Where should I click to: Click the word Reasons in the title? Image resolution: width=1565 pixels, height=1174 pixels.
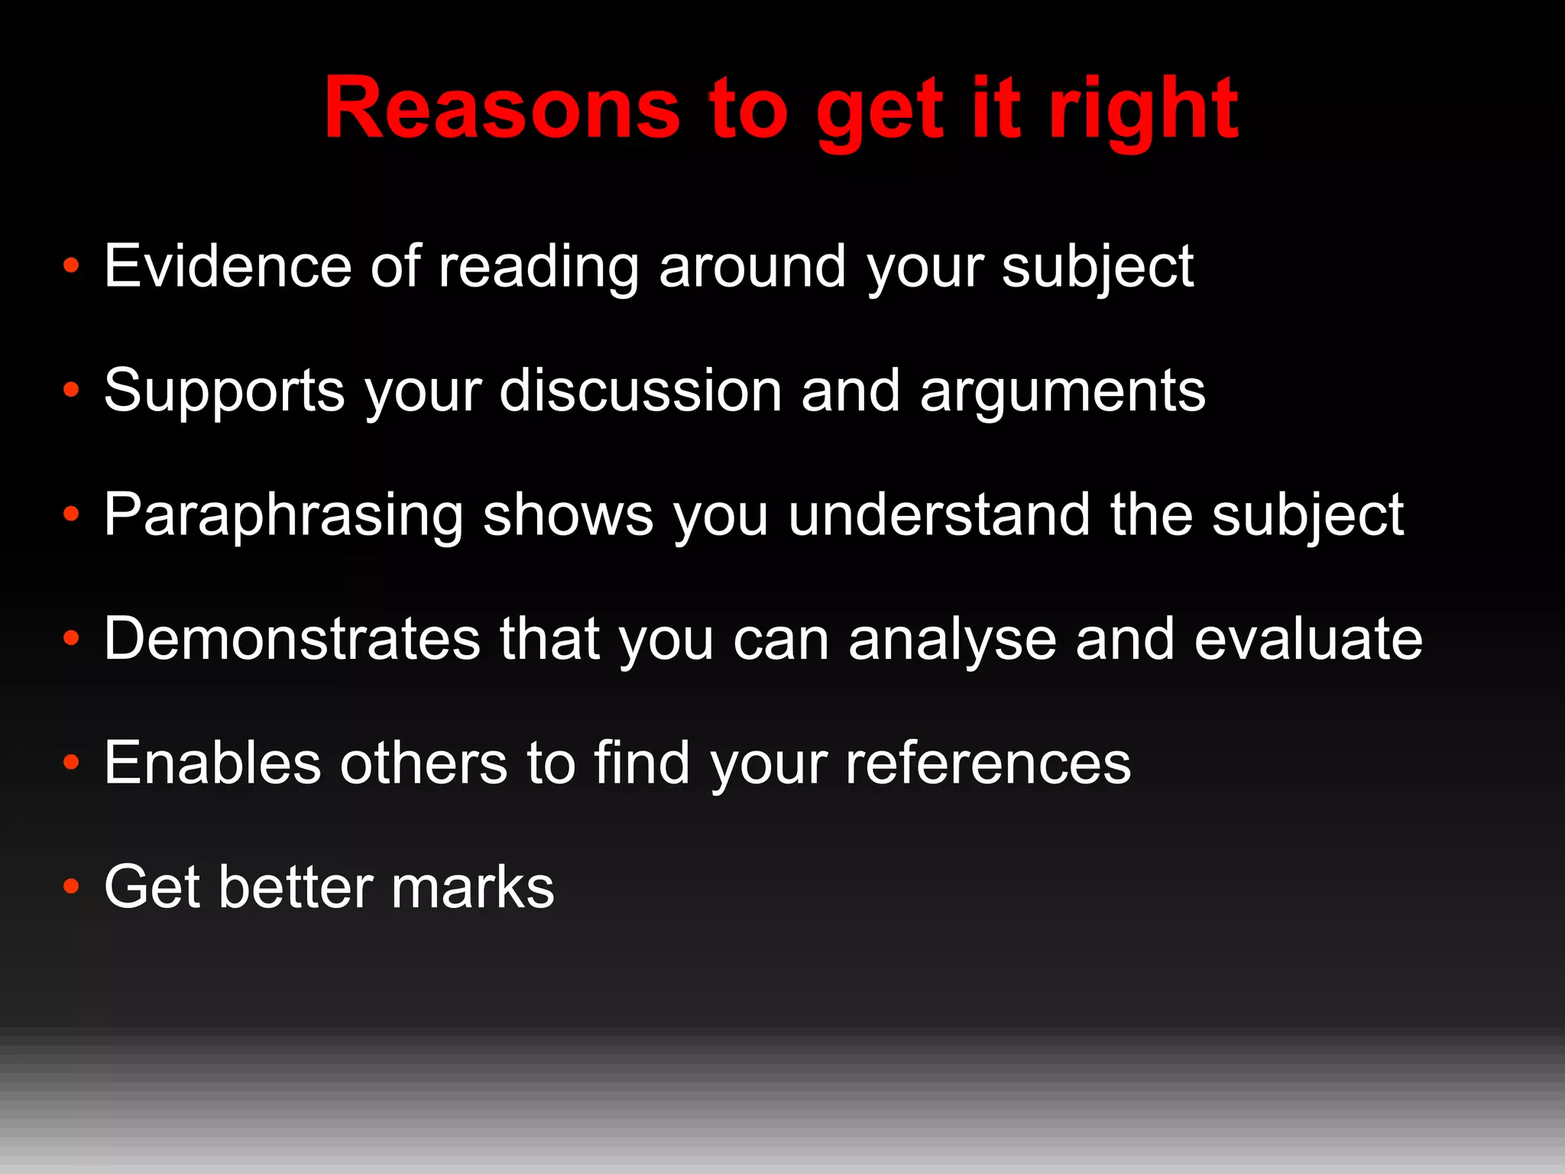coord(501,109)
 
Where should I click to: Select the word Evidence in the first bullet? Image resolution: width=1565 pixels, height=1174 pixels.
coord(228,266)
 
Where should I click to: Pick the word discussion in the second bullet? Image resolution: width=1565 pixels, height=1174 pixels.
coord(640,391)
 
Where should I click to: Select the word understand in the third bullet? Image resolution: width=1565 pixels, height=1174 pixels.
coord(939,514)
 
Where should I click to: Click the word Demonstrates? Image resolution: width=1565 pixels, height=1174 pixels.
coord(292,639)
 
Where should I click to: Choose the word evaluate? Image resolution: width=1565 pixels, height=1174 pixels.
coord(1308,639)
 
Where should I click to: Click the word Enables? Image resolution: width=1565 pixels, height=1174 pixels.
coord(212,763)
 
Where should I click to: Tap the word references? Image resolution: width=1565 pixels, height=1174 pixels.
coord(987,764)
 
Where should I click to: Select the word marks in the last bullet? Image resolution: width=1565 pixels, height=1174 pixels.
coord(472,887)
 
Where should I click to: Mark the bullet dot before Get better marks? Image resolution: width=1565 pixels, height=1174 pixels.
coord(71,887)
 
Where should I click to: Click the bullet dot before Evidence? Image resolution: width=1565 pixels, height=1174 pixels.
coord(71,266)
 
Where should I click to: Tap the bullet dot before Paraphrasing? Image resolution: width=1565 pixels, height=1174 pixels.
coord(71,514)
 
